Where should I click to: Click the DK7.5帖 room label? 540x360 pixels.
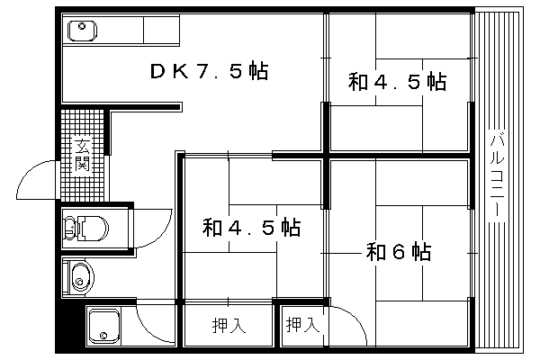[x=209, y=71]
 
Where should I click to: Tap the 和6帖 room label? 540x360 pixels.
[x=399, y=251]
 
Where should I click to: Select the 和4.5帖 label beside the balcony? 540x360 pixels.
[x=397, y=82]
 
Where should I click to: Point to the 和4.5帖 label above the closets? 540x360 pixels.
[x=251, y=227]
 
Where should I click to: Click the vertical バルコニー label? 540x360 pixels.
[x=498, y=174]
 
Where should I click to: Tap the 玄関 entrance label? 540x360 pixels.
[x=82, y=155]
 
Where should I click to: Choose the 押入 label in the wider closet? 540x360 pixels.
[x=229, y=325]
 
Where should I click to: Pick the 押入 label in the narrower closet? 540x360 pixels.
[x=303, y=324]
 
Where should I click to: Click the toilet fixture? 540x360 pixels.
[x=86, y=228]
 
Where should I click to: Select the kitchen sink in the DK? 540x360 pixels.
[x=82, y=31]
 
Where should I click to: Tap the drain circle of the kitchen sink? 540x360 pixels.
[x=82, y=26]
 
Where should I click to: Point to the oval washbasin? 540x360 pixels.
[x=82, y=277]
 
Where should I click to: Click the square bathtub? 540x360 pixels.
[x=104, y=326]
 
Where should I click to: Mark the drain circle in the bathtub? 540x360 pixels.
[x=103, y=335]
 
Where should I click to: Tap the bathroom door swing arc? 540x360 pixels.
[x=148, y=329]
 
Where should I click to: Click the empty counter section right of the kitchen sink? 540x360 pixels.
[x=161, y=30]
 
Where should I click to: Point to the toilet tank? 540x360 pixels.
[x=70, y=228]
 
